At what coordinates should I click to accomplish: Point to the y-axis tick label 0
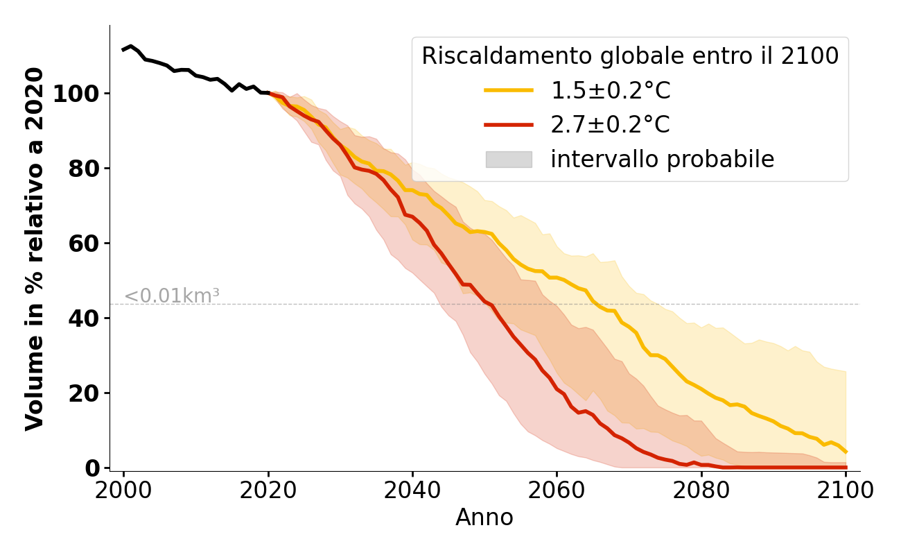(x=92, y=468)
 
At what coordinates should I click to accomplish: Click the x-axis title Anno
(x=484, y=518)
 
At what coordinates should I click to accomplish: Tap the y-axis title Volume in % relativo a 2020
(x=35, y=248)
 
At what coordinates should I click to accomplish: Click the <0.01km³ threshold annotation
(x=172, y=296)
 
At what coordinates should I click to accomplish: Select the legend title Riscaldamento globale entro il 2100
(x=630, y=56)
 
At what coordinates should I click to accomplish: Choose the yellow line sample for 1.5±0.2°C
(x=509, y=90)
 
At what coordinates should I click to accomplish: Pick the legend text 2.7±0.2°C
(x=610, y=125)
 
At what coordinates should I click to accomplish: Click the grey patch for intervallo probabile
(x=509, y=160)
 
